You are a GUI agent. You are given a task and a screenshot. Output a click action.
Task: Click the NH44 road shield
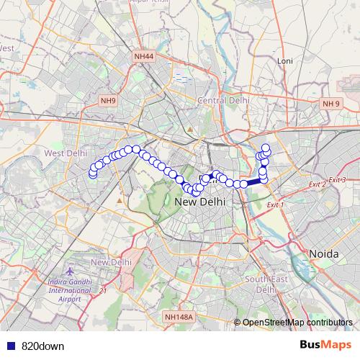point(143,55)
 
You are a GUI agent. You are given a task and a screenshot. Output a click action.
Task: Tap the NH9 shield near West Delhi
point(109,101)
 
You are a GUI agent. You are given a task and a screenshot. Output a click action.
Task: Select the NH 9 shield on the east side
point(330,104)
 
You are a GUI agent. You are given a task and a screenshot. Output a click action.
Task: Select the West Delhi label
point(66,153)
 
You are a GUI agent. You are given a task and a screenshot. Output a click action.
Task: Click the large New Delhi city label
point(200,203)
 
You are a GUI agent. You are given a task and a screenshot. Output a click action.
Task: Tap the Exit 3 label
point(337,179)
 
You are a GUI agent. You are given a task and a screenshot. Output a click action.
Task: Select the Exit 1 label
point(276,205)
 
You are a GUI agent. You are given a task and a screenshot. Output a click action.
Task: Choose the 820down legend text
point(42,346)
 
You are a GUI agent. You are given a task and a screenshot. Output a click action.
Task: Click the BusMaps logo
point(325,346)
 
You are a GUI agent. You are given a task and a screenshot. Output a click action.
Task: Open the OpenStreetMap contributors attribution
point(297,322)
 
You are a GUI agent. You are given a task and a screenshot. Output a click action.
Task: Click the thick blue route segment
point(252,184)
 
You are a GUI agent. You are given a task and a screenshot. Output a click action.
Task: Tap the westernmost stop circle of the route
point(92,174)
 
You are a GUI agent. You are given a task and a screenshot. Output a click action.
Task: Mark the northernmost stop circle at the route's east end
point(266,148)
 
